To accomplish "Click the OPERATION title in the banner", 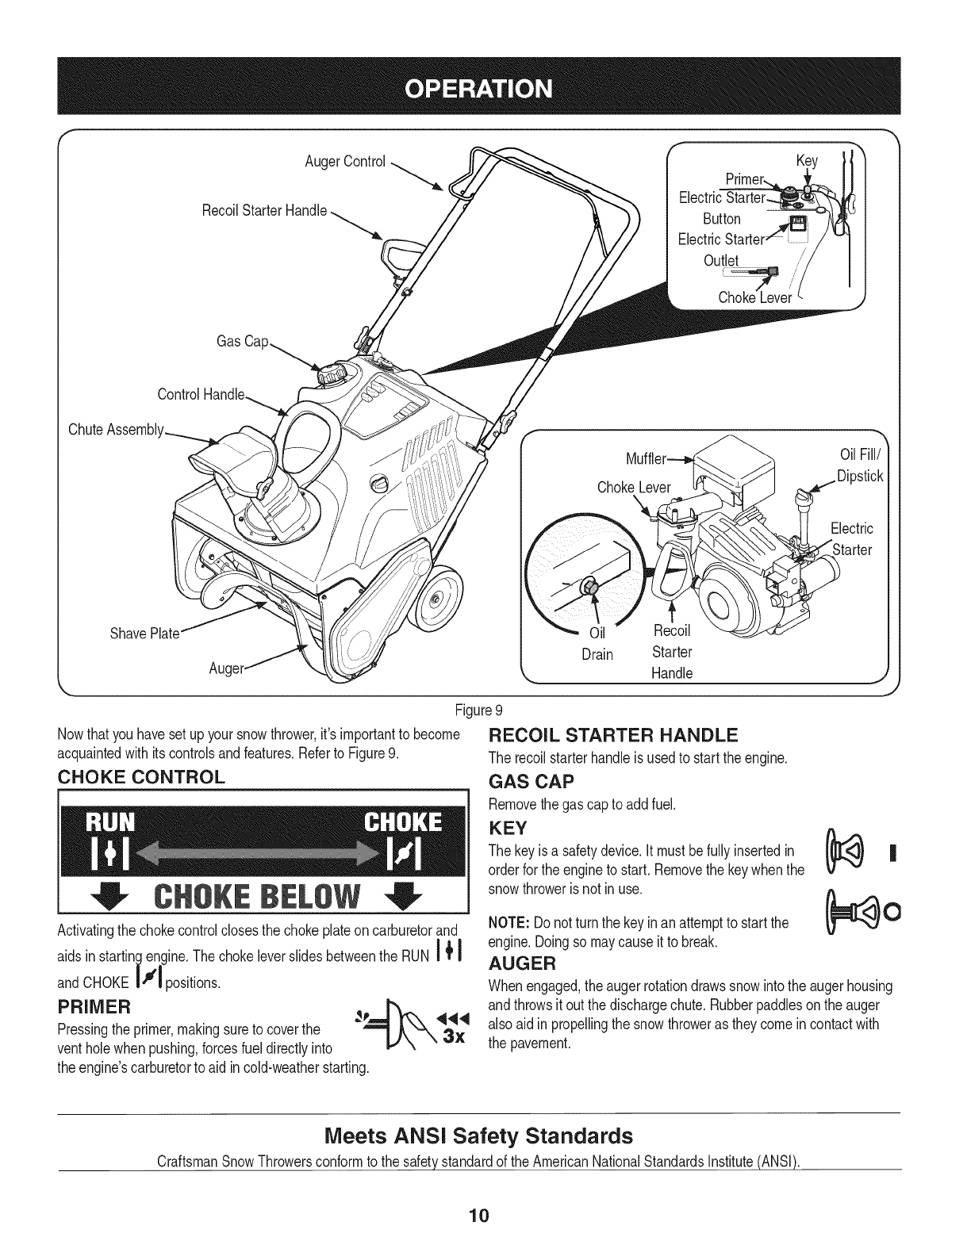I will [485, 86].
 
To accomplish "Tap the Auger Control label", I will [345, 163].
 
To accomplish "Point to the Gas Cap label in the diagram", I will [243, 342].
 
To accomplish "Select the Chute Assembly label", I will [116, 430].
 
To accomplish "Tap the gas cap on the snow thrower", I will [332, 373].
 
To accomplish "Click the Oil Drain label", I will [597, 644].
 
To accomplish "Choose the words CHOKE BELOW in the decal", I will [262, 899].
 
